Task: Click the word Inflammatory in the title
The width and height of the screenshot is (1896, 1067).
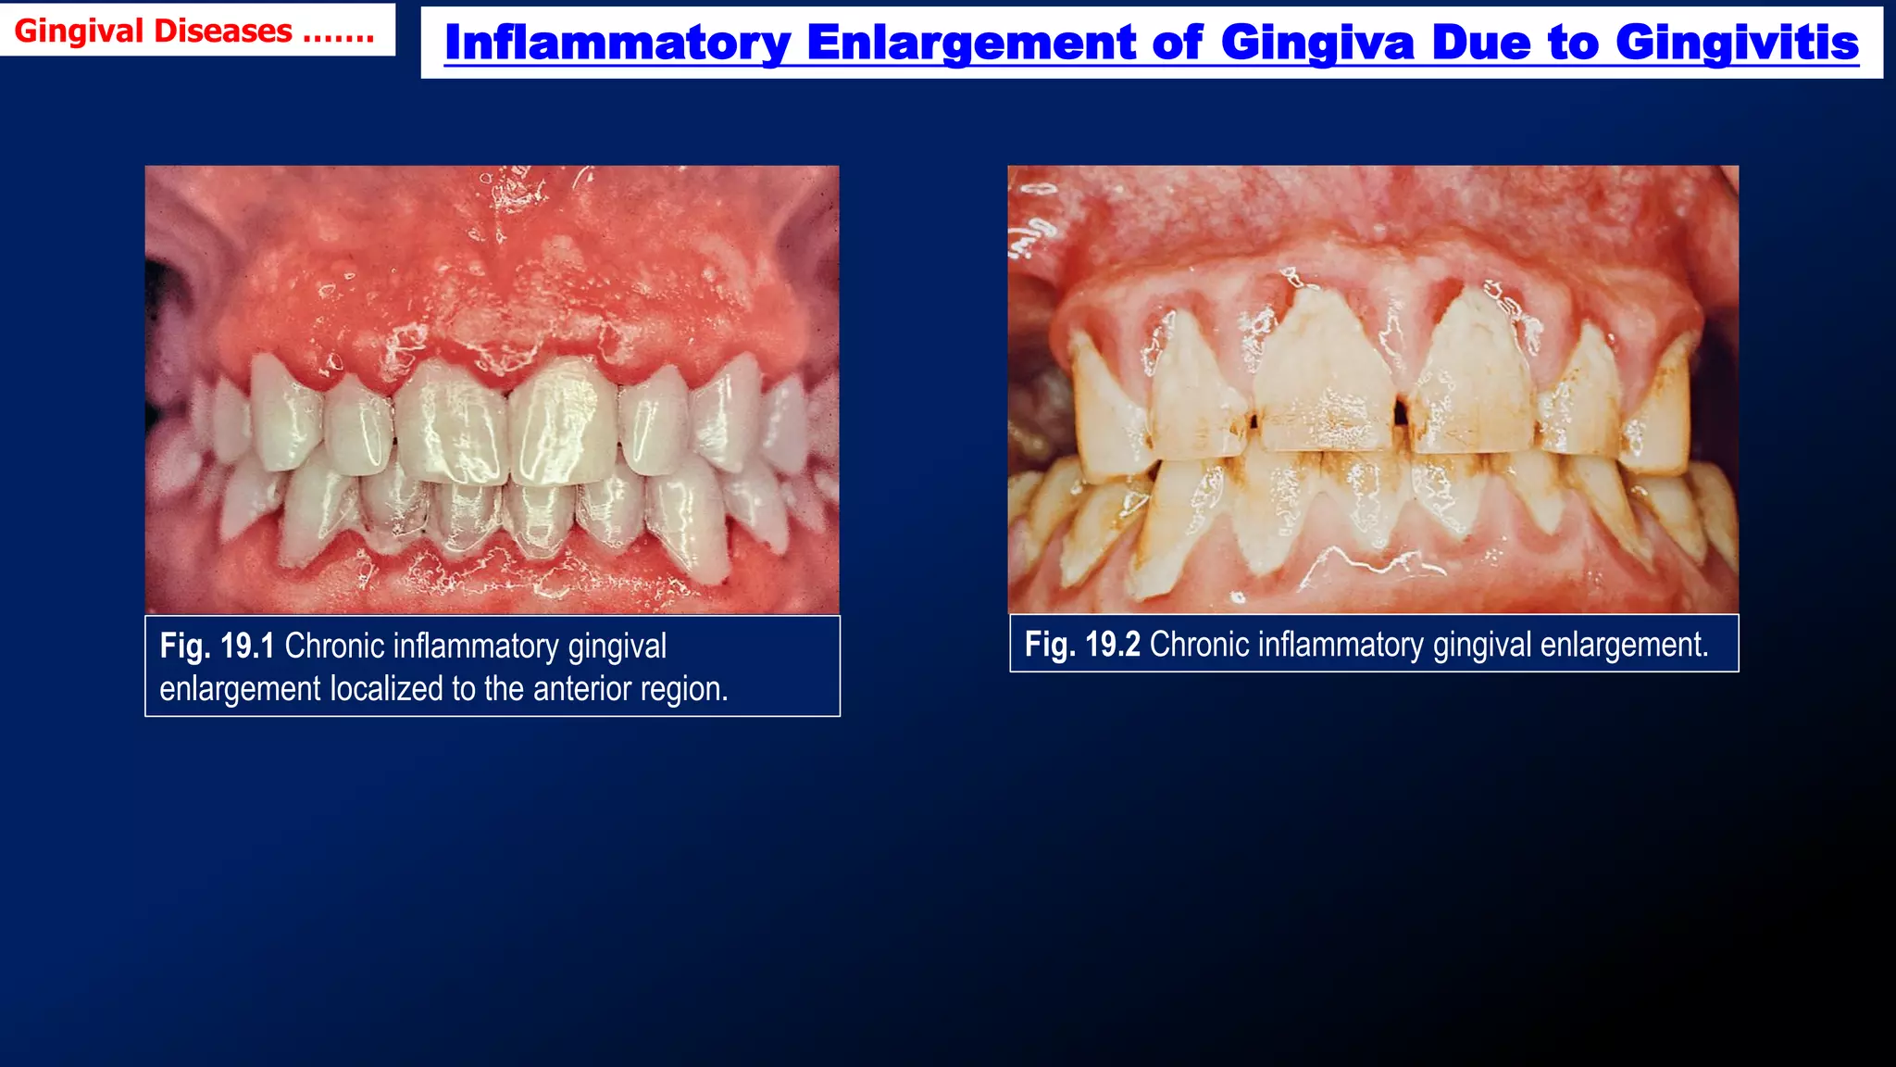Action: [617, 43]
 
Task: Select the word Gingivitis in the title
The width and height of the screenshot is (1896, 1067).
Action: [1737, 43]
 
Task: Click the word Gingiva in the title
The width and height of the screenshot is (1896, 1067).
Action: [1317, 43]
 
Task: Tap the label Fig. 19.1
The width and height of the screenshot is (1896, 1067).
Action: [217, 646]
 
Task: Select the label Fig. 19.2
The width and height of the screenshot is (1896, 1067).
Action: [1081, 644]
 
